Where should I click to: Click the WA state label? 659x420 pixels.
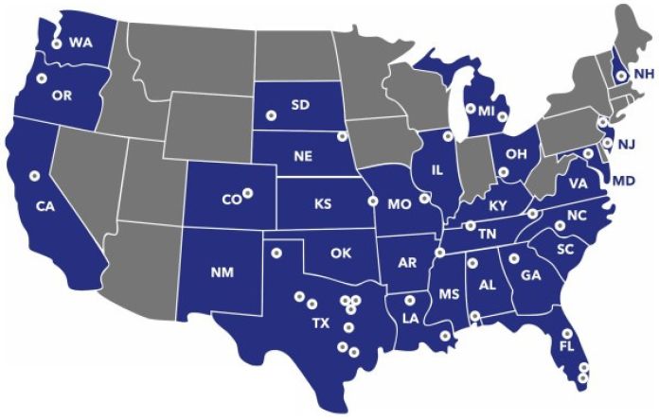(80, 44)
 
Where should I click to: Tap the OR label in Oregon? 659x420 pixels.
(62, 96)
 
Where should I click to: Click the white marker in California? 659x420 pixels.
(34, 174)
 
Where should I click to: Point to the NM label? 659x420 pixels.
(223, 273)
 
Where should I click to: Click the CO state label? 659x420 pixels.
(231, 200)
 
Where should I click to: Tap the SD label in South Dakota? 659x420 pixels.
(300, 105)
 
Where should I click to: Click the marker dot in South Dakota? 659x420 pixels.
(270, 114)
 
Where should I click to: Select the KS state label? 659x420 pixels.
(323, 203)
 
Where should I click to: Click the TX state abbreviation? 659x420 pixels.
(321, 323)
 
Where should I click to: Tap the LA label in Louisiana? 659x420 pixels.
(411, 319)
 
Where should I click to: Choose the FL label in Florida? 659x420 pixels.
(566, 348)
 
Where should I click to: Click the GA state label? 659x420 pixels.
(530, 275)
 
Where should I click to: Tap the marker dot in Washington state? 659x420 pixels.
(57, 44)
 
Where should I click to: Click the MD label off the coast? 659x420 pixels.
(624, 180)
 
